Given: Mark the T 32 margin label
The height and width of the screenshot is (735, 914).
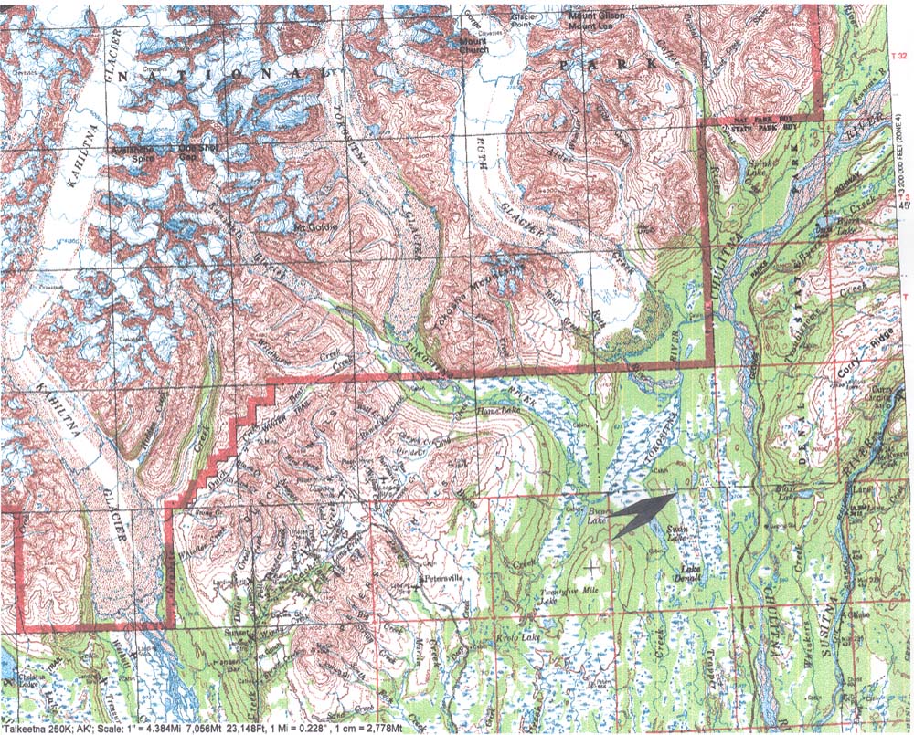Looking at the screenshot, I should point(901,56).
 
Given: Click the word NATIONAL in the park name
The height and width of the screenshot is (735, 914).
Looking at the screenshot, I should point(194,70).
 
